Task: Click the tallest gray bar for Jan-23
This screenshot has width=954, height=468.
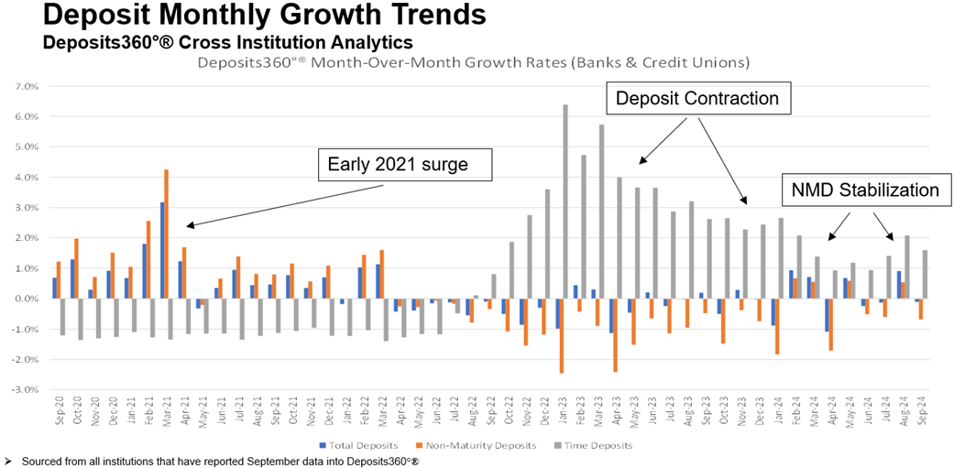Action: [x=565, y=201]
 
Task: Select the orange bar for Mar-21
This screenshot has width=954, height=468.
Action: [x=166, y=234]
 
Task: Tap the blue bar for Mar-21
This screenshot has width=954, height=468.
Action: [x=161, y=250]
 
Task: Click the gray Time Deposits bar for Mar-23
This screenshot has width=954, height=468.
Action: [x=601, y=212]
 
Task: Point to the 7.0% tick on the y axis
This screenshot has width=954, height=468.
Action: [x=26, y=86]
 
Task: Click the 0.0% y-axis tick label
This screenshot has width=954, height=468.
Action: [x=26, y=299]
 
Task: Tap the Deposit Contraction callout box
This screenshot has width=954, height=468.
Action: [x=696, y=98]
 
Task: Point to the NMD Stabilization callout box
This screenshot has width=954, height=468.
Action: [x=863, y=190]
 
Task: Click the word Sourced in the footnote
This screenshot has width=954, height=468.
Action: [x=40, y=461]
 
